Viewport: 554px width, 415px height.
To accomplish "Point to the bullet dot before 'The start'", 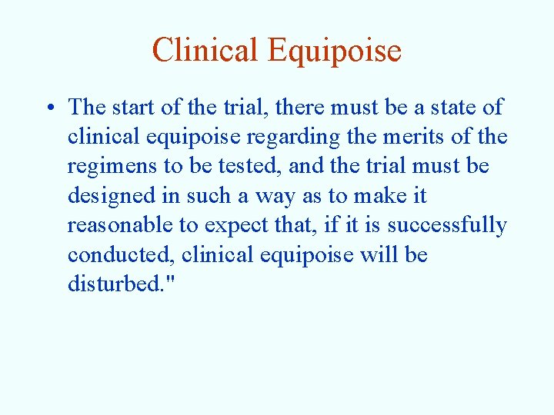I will coord(50,108).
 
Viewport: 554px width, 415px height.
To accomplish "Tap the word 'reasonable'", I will coord(117,226).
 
